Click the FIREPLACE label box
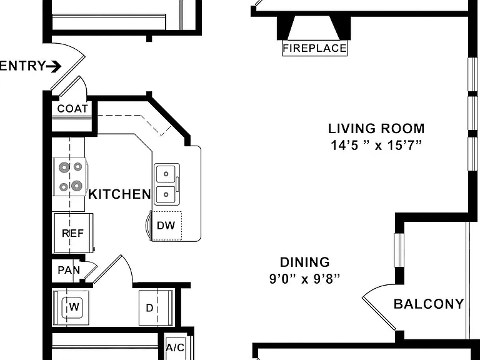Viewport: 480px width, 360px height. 315,48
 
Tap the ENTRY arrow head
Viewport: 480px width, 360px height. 56,66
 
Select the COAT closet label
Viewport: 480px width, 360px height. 72,108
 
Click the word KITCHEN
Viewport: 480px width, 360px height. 119,194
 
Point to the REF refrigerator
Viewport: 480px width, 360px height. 74,233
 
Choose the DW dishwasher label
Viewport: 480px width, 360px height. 166,226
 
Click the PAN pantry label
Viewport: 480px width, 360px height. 69,270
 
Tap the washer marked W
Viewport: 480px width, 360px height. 71,307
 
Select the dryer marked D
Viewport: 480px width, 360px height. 156,307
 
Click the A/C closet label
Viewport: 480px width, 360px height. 176,347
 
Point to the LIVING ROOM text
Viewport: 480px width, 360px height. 376,129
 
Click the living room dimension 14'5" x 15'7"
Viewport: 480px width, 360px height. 376,145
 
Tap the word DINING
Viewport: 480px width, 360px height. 305,262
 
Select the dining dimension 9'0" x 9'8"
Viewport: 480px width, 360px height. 305,279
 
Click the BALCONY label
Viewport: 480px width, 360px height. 429,304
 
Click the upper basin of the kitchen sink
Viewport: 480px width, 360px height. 166,174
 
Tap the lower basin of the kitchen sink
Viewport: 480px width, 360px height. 166,194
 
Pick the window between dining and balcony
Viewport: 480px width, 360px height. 399,250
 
